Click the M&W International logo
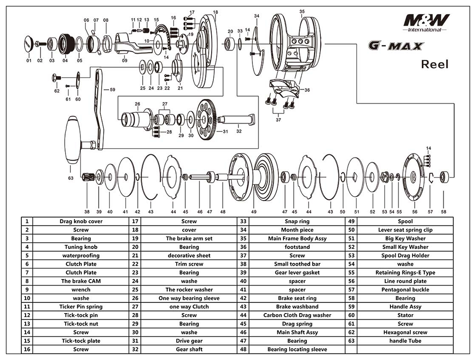click(x=426, y=23)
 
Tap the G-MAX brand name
click(x=396, y=46)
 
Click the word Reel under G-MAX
click(x=435, y=64)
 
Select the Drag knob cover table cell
click(x=81, y=222)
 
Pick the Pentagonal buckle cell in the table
click(x=405, y=289)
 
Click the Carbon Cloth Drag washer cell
click(x=297, y=315)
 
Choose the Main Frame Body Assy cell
click(x=297, y=238)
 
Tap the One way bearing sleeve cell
click(x=189, y=298)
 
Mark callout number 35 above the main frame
click(x=302, y=11)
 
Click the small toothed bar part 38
click(x=88, y=177)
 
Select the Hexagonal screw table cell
click(x=405, y=332)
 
